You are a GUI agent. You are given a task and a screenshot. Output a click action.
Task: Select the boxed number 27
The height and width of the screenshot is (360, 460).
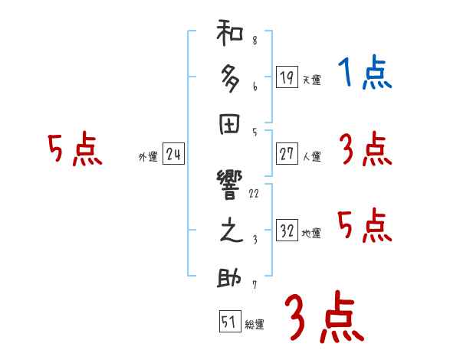pos(286,153)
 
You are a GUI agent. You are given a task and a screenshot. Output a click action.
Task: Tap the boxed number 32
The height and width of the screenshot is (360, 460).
pos(286,231)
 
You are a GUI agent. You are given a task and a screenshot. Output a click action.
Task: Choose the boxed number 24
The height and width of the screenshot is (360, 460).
pos(173,154)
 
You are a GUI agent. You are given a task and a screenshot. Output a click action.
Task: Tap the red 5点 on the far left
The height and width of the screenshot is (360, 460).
pos(74,149)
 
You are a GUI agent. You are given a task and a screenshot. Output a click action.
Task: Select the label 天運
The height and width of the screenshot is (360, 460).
pos(310,80)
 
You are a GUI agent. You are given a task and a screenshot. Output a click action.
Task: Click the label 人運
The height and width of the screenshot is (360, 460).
pos(310,157)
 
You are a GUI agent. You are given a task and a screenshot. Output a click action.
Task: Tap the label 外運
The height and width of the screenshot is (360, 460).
pos(148,157)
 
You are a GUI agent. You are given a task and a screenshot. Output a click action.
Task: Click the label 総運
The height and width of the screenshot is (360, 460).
pos(254,325)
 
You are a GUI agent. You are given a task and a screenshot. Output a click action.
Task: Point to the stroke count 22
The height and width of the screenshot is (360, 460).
pos(254,193)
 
